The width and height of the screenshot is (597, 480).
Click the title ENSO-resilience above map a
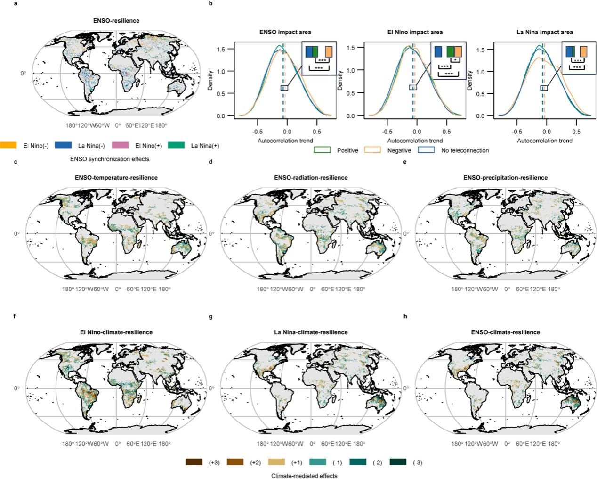pyautogui.click(x=116, y=21)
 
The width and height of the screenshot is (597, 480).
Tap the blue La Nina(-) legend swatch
pyautogui.click(x=63, y=145)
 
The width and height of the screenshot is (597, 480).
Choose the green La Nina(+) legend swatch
pyautogui.click(x=176, y=145)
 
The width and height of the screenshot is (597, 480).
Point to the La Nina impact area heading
pyautogui.click(x=544, y=32)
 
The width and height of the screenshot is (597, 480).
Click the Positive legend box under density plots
pyautogui.click(x=322, y=150)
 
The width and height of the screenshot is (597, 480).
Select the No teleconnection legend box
pyautogui.click(x=426, y=150)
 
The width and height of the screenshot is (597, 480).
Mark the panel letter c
pyautogui.click(x=16, y=162)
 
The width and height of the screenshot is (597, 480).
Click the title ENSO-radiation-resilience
pyautogui.click(x=311, y=178)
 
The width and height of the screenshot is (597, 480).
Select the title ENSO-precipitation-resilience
pyautogui.click(x=505, y=178)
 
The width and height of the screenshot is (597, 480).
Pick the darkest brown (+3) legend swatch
pyautogui.click(x=194, y=463)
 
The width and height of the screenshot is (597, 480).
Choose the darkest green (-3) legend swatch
pyautogui.click(x=398, y=463)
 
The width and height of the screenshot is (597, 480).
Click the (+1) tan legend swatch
pyautogui.click(x=275, y=463)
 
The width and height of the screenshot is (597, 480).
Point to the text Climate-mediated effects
pyautogui.click(x=304, y=476)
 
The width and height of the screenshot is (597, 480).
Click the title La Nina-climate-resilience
pyautogui.click(x=311, y=332)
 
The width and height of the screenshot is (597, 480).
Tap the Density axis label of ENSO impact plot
pyautogui.click(x=210, y=81)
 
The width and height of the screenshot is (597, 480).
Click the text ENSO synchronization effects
pyautogui.click(x=109, y=159)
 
